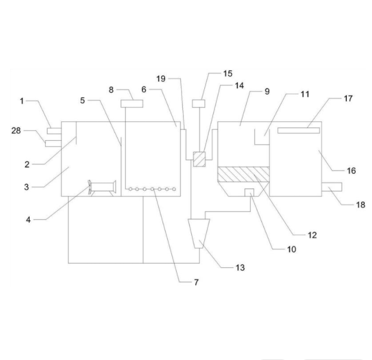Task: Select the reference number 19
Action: coord(160,79)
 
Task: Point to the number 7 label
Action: coord(196,282)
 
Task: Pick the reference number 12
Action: coord(312,235)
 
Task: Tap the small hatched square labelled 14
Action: coord(199,159)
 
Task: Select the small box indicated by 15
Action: coord(198,103)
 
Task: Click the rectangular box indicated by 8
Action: coord(132,103)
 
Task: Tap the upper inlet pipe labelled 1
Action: coord(54,130)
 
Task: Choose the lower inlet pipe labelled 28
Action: coord(52,144)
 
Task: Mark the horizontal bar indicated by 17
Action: coord(298,131)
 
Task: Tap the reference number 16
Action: coord(351,171)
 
